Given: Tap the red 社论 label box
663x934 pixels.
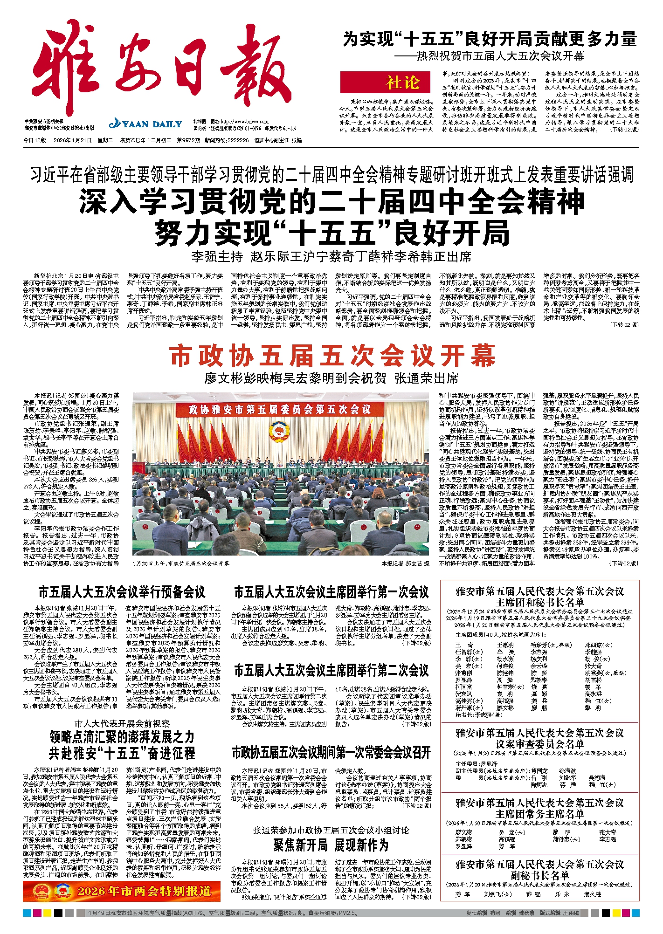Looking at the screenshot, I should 385,82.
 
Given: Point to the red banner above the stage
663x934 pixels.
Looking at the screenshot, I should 280,409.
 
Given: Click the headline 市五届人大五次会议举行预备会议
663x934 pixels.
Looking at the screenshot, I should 122,592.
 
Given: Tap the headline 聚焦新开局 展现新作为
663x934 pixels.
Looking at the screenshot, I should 331,845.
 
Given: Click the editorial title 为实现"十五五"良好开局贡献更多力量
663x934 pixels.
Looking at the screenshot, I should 490,39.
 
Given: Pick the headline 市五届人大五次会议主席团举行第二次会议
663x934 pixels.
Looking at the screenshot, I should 331,671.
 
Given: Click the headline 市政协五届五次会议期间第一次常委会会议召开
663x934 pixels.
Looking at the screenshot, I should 331,752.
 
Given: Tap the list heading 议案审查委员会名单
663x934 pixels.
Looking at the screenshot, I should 539,744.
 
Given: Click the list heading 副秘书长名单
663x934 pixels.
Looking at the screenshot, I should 539,875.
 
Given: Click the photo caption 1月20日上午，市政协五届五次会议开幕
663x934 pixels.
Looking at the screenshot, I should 181,563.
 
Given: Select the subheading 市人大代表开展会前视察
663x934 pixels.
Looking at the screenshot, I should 122,723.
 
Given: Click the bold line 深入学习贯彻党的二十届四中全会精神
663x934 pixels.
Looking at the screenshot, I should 331,201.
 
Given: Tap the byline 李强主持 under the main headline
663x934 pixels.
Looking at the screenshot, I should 217,256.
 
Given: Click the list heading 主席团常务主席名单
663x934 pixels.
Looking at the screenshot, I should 539,814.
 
